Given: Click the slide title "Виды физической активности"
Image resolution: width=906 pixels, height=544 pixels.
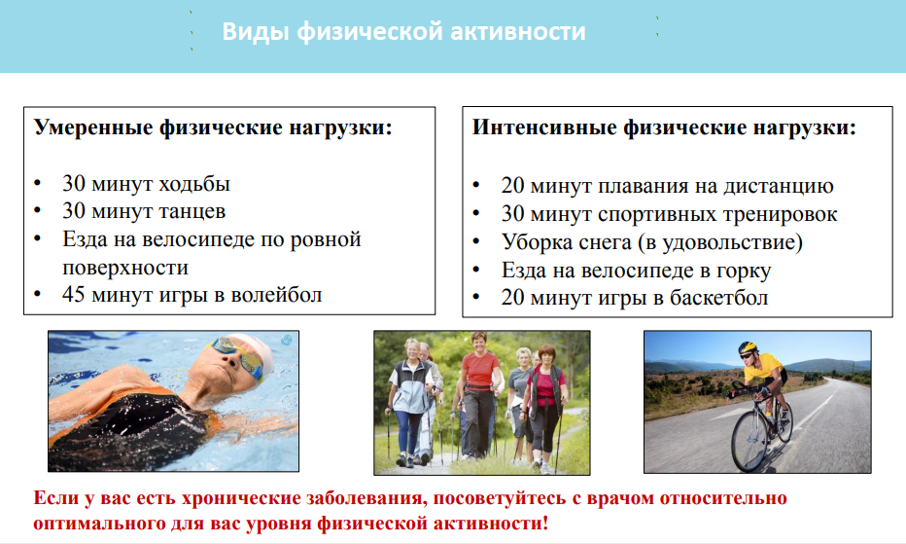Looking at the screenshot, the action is [x=403, y=32].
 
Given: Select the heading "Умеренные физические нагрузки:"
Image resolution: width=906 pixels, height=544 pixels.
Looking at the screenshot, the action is [x=213, y=127].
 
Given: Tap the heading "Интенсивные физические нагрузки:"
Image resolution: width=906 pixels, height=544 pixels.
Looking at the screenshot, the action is [x=664, y=127].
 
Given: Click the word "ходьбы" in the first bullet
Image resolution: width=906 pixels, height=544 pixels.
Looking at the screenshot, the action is [x=194, y=184].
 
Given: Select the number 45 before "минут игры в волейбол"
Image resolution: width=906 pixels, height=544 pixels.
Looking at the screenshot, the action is [x=74, y=294].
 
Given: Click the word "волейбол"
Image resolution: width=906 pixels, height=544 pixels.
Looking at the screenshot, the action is [x=276, y=295].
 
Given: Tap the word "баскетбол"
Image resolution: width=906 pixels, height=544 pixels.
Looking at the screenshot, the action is [x=718, y=298].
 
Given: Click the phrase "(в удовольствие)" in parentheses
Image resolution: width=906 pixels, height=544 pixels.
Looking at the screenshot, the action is [x=720, y=242].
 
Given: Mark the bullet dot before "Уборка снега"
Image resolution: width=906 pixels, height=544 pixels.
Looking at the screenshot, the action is [x=476, y=240].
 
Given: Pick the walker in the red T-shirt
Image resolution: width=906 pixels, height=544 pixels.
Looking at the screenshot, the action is [x=479, y=393].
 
